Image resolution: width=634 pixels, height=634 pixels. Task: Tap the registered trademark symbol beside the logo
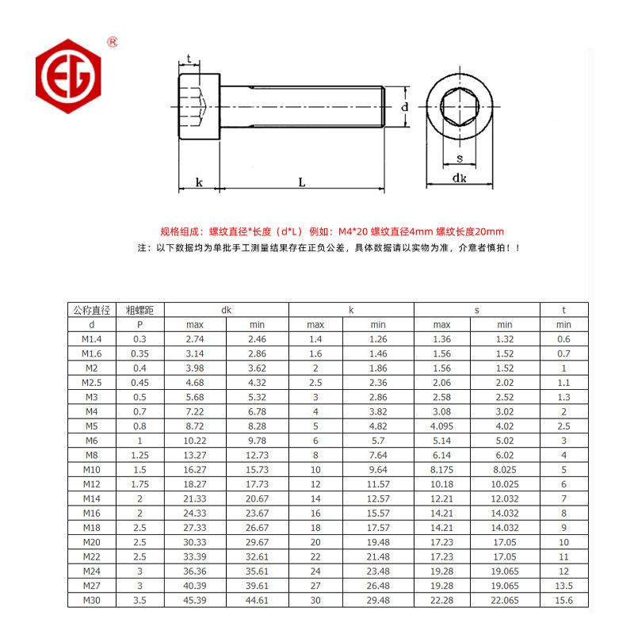coord(113,40)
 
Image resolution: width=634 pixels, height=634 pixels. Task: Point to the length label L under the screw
coord(303,182)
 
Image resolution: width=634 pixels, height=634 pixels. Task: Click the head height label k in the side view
coord(199,182)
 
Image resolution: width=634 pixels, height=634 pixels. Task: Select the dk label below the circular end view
coord(459,179)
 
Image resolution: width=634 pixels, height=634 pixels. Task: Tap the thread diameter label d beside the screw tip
coord(404,106)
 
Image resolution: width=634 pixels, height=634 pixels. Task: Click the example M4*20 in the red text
coord(353,231)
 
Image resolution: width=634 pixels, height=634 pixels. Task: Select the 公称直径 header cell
coord(91,310)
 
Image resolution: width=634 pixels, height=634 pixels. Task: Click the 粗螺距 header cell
coord(139,310)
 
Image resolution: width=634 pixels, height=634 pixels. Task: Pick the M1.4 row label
coord(91,338)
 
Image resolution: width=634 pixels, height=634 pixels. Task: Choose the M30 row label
coord(91,600)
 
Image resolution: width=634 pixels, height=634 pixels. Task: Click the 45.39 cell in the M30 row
coord(195,600)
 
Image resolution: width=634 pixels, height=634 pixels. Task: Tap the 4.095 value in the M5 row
coord(441,426)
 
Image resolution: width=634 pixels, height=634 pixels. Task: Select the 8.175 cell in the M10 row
coord(441,469)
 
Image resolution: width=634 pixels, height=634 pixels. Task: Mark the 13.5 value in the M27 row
coord(563,586)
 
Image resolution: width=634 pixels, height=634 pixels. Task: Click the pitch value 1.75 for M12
coord(139,483)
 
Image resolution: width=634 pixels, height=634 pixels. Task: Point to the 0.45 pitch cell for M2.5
coord(139,382)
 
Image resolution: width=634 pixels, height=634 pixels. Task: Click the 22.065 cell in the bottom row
coord(505,600)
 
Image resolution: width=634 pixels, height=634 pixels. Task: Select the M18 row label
coord(91,527)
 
